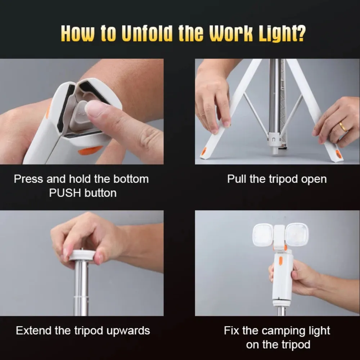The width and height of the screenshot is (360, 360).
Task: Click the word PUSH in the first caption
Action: pyautogui.click(x=65, y=193)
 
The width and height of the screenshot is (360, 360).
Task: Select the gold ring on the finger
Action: pyautogui.click(x=343, y=126)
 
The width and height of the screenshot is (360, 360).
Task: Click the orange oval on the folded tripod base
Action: pyautogui.click(x=90, y=150)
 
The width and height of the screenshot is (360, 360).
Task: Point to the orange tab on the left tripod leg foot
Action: pyautogui.click(x=203, y=151)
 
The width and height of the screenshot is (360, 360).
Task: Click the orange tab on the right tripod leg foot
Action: pyautogui.click(x=339, y=154)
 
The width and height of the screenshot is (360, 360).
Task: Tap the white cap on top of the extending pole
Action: pyautogui.click(x=82, y=255)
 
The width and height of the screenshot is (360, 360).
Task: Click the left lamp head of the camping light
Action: pyautogui.click(x=263, y=235)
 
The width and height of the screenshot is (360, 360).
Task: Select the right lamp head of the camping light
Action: pyautogui.click(x=297, y=234)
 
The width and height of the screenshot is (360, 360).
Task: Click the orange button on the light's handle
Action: pyautogui.click(x=280, y=261)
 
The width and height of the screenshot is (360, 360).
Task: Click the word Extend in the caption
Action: pyautogui.click(x=33, y=330)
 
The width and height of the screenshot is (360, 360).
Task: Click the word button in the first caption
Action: pyautogui.click(x=100, y=193)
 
